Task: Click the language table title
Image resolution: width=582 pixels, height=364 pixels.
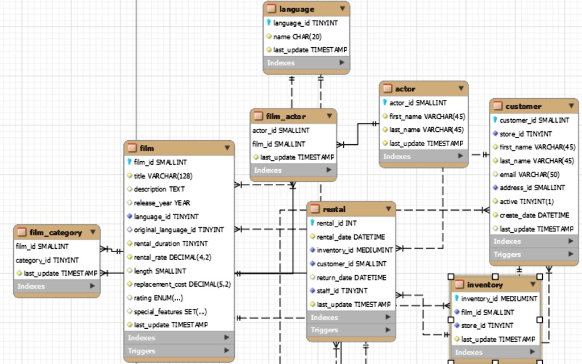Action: pyautogui.click(x=296, y=9)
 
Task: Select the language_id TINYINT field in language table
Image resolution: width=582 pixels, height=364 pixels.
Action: pyautogui.click(x=305, y=23)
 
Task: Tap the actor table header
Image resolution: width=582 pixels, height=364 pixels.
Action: pyautogui.click(x=405, y=89)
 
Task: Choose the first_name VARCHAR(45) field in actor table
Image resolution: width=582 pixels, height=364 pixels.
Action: pyautogui.click(x=427, y=116)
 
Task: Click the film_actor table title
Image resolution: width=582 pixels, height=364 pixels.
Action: pyautogui.click(x=285, y=116)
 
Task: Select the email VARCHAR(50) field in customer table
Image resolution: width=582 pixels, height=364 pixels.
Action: pyautogui.click(x=529, y=174)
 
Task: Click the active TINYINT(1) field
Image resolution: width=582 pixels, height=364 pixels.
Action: pyautogui.click(x=526, y=202)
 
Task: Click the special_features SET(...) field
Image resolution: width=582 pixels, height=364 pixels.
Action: pyautogui.click(x=170, y=311)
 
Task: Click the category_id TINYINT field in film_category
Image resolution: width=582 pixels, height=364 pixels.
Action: pyautogui.click(x=47, y=260)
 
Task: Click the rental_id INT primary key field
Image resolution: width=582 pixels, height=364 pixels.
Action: pyautogui.click(x=336, y=223)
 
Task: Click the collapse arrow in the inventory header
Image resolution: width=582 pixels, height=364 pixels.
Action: pyautogui.click(x=533, y=284)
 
